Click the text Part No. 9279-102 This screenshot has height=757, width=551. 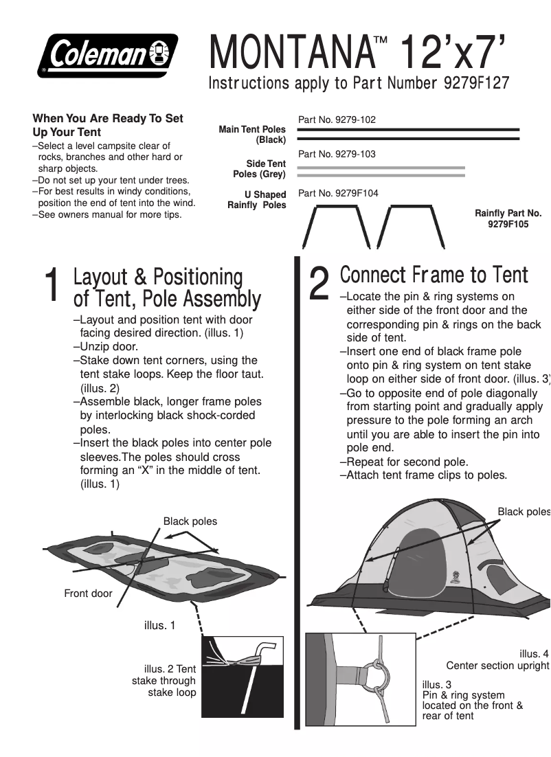(337, 120)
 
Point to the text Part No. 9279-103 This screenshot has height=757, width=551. (337, 154)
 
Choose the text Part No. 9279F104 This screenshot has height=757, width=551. (338, 193)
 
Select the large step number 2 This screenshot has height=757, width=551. (319, 283)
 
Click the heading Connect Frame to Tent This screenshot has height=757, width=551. (434, 275)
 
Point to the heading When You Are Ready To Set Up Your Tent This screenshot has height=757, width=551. (108, 125)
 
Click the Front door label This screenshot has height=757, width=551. (88, 593)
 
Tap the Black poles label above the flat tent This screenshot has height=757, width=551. (190, 521)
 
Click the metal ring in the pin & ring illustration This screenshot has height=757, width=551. (379, 677)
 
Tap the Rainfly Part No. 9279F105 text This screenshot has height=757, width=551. (508, 218)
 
